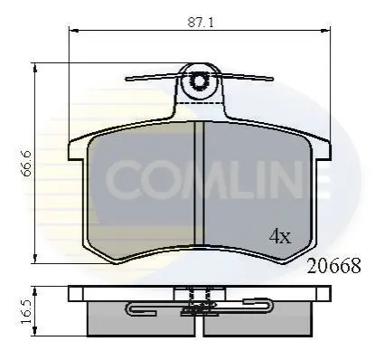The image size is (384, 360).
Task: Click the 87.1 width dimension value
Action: coord(201,23)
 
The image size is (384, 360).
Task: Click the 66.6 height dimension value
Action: coord(27,164)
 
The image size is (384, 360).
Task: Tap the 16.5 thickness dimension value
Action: coord(26,312)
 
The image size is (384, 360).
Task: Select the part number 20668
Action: coord(333,266)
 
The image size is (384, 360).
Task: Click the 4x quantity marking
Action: coord(280,236)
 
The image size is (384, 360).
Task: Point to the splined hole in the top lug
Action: coord(199,81)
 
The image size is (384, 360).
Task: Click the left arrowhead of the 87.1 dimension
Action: coord(74,31)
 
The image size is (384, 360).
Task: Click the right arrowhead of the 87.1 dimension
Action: coord(326,31)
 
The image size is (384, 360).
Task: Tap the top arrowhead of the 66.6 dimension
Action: coord(35,68)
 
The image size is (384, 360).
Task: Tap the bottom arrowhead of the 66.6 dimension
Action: coord(35,259)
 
